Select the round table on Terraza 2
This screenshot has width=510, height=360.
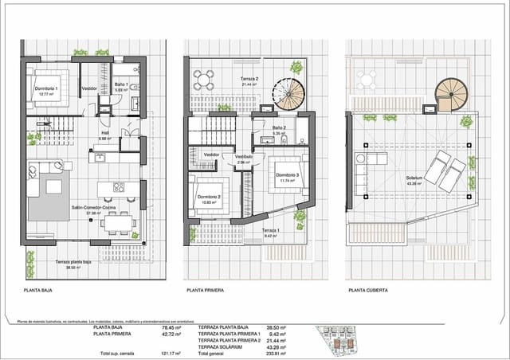205,79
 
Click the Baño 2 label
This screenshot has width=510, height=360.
278,129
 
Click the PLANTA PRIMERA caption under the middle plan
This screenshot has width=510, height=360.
206,291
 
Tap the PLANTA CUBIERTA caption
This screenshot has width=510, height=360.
368,291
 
